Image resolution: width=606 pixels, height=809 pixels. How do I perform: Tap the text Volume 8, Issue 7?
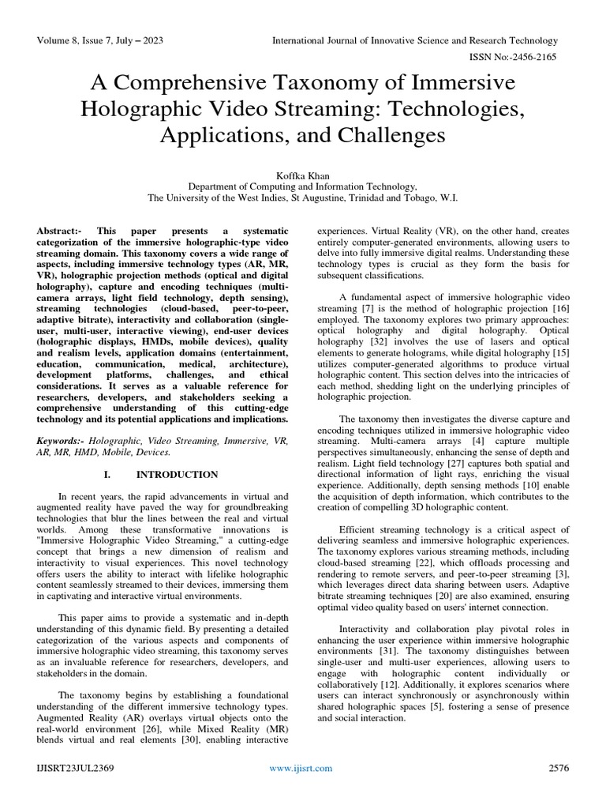80,40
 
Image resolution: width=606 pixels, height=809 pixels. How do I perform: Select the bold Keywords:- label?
62,438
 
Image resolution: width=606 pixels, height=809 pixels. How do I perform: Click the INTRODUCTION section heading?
177,475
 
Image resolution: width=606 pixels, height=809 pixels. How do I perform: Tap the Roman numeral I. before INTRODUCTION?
108,475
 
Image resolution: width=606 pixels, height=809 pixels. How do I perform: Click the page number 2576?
559,767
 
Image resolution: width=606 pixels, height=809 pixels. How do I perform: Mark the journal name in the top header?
415,40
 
